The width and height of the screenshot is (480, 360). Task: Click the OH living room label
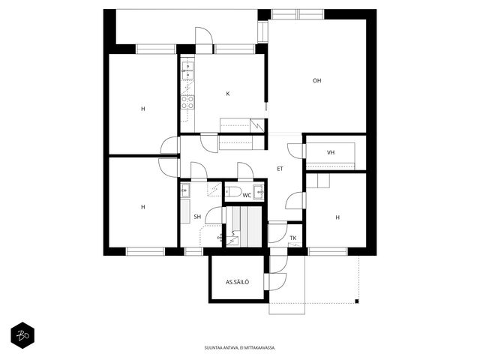coord(316,81)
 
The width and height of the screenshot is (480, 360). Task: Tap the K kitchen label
coord(228,94)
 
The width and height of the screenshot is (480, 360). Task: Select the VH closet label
coord(331,152)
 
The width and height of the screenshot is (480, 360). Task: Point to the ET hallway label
coord(280,169)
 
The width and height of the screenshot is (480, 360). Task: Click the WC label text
coord(247,195)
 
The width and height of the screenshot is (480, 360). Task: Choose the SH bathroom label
coord(197,217)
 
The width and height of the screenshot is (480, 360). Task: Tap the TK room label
coord(293,238)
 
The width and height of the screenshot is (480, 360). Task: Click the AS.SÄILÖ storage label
coord(237,282)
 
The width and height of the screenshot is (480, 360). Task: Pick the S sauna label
coord(233,233)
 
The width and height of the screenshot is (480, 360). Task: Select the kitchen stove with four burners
coord(187,102)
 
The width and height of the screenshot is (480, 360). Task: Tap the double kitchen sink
coord(187,70)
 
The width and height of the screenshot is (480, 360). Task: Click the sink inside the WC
coord(259,192)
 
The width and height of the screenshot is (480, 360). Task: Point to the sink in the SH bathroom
coord(185,190)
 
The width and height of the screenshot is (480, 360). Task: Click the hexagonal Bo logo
coord(22,335)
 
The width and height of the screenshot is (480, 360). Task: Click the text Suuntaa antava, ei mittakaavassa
coord(240,348)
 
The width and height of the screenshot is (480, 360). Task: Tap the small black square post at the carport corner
coord(357,301)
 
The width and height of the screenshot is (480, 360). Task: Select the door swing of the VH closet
coord(295,151)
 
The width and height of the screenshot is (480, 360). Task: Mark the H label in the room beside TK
coord(337,217)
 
